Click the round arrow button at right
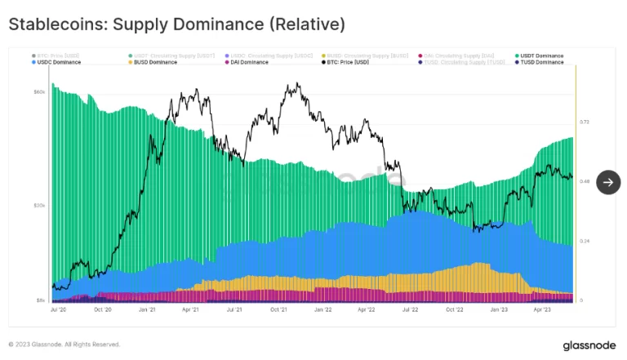click(608, 182)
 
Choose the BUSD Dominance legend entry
click(153, 62)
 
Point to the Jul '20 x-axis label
click(58, 310)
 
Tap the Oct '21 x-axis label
click(278, 310)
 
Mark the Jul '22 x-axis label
click(411, 310)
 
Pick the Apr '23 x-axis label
click(542, 310)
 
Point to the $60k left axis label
click(39, 92)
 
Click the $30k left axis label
click(39, 206)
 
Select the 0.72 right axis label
click(585, 122)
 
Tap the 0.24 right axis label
click(585, 241)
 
